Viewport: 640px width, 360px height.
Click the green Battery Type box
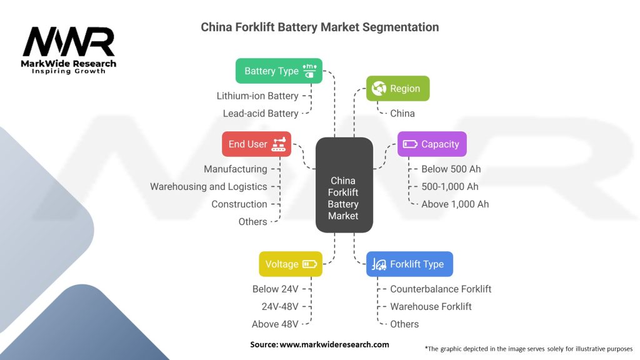coord(279,71)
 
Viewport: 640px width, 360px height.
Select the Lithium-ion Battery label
coord(257,96)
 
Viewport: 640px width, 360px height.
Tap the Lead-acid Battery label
coord(261,114)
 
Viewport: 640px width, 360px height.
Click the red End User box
coord(256,144)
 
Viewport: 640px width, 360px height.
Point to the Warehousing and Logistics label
coord(208,186)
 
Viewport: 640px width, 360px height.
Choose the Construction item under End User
coord(239,204)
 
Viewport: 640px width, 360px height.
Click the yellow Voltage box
coord(291,264)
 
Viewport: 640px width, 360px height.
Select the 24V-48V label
coord(280,306)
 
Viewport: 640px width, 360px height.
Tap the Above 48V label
coord(275,324)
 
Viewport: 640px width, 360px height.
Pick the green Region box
coord(397,89)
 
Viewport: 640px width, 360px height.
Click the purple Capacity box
coord(432,144)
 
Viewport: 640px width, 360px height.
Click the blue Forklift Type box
coord(409,264)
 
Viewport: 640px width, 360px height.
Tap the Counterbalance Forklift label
coord(441,289)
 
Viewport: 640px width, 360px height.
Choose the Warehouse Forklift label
coord(431,306)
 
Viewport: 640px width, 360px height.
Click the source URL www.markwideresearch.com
coord(334,344)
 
